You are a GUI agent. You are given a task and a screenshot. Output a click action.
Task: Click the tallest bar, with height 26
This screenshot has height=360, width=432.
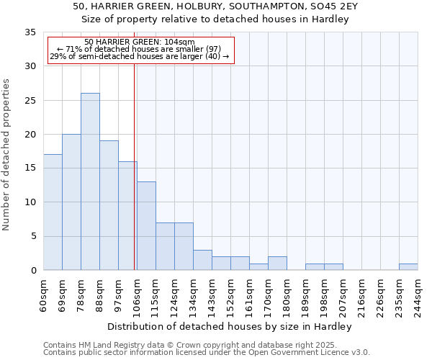coord(90,181)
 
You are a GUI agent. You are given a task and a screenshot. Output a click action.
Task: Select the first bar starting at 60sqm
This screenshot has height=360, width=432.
coord(53,212)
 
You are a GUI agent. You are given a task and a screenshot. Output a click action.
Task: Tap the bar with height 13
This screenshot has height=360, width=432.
coord(146,225)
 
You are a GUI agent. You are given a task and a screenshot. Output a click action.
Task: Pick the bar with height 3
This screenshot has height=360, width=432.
coord(202,260)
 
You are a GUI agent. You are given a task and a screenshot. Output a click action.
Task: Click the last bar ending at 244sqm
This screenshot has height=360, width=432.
coord(408,266)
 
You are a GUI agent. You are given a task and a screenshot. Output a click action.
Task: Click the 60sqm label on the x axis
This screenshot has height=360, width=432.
coord(44,293)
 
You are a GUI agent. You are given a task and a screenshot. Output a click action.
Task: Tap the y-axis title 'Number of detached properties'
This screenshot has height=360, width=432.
coord(6,155)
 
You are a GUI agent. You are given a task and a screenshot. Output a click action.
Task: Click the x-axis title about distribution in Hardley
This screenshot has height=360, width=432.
coord(230,327)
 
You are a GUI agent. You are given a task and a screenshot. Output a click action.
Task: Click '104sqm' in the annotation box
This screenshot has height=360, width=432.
coord(179,42)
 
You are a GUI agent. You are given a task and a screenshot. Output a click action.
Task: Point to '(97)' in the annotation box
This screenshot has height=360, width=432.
coord(220,50)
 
